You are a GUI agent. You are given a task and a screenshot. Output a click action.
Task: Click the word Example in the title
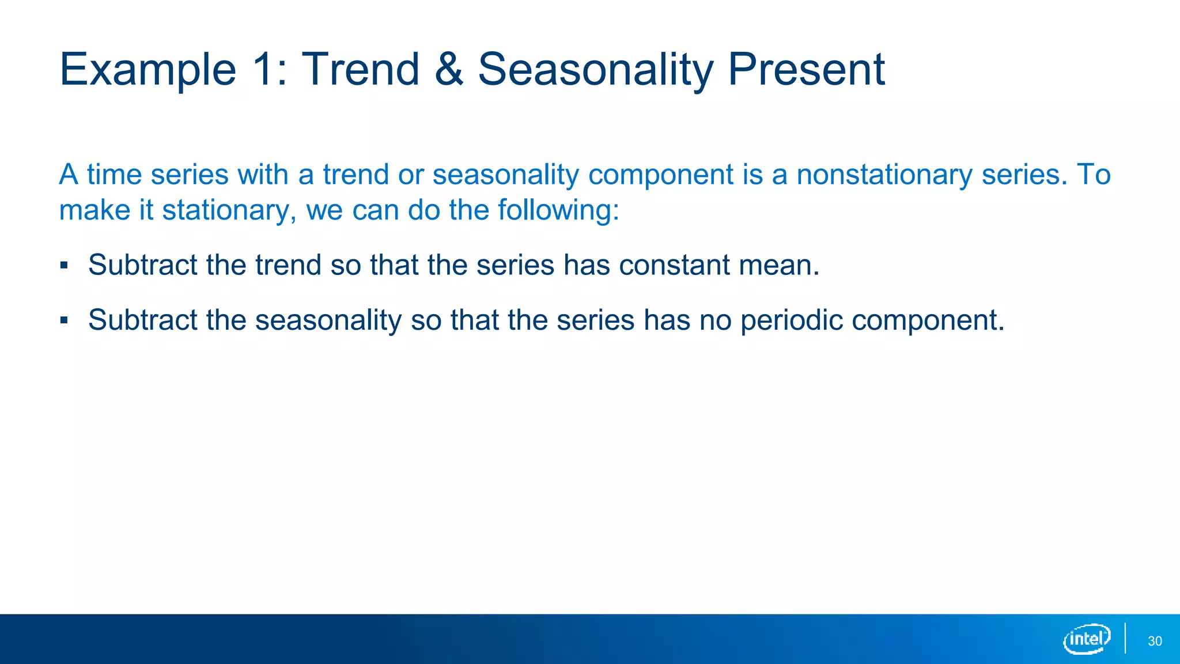click(x=148, y=70)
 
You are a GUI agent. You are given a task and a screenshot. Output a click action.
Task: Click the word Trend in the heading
click(x=361, y=69)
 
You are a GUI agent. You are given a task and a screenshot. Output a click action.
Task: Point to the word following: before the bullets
click(x=558, y=210)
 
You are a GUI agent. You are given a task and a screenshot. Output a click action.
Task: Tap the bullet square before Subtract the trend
click(x=64, y=266)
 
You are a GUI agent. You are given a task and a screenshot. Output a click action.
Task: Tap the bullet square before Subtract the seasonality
click(x=64, y=320)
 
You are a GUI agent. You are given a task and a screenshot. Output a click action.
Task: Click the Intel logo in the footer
click(x=1087, y=639)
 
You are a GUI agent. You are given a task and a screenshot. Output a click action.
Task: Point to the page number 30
click(x=1155, y=641)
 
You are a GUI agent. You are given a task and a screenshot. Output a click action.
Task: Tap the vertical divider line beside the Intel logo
click(x=1125, y=638)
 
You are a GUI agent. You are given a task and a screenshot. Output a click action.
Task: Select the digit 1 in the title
click(x=263, y=69)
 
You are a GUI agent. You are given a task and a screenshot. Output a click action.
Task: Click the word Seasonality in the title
click(x=596, y=69)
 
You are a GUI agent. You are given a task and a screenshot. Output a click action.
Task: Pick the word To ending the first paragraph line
click(x=1094, y=175)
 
